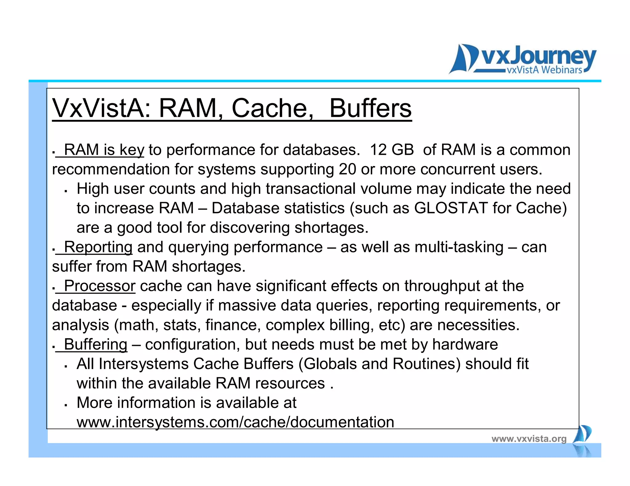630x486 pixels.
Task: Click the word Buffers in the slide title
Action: pyautogui.click(x=370, y=108)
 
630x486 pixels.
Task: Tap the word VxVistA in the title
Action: pyautogui.click(x=102, y=108)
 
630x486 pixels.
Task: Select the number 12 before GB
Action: pyautogui.click(x=378, y=150)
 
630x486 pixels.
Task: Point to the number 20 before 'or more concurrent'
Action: pyautogui.click(x=347, y=169)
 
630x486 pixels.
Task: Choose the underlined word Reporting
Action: pyautogui.click(x=98, y=247)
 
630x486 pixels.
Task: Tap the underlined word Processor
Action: pyautogui.click(x=100, y=286)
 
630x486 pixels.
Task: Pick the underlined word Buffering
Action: pyautogui.click(x=95, y=344)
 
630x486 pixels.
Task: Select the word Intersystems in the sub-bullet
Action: pyautogui.click(x=144, y=364)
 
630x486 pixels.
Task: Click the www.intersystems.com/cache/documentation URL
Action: pyautogui.click(x=235, y=422)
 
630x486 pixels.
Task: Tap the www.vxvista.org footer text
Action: pyautogui.click(x=529, y=439)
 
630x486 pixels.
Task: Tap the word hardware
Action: pyautogui.click(x=465, y=344)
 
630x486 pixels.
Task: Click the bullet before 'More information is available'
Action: pyautogui.click(x=66, y=405)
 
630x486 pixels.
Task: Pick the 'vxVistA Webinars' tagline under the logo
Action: pyautogui.click(x=544, y=70)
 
